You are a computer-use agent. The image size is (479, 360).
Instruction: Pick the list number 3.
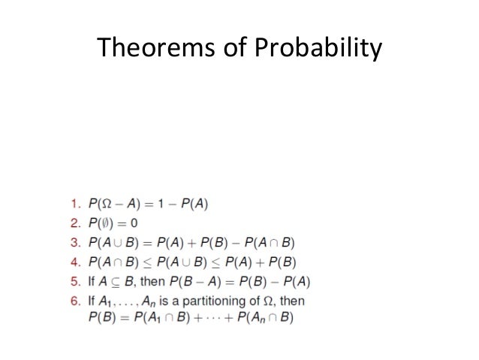tap(74, 242)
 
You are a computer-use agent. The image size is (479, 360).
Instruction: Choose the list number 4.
tap(74, 262)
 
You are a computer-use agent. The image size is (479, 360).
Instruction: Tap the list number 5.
tap(74, 283)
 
